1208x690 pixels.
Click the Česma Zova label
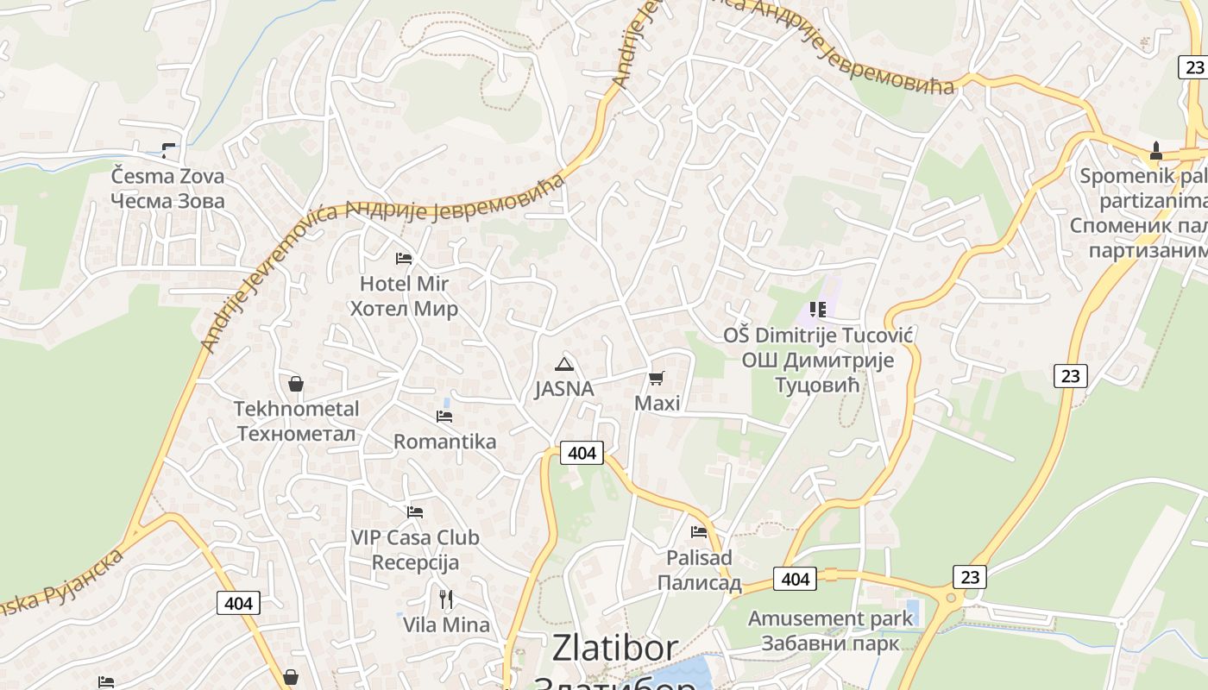click(x=167, y=177)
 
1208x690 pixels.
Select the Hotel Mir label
click(x=404, y=284)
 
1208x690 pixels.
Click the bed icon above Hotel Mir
click(x=403, y=258)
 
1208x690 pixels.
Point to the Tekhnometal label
click(x=296, y=409)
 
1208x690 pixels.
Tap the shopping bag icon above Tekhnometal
click(x=296, y=384)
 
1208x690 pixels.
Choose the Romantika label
click(x=444, y=442)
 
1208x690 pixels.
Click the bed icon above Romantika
click(x=444, y=417)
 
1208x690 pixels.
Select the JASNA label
click(x=563, y=389)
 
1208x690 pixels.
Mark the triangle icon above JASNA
click(x=563, y=364)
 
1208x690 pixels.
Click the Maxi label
click(x=657, y=403)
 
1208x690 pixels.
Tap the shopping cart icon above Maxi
click(x=657, y=378)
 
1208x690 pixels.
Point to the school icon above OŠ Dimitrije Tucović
click(x=817, y=310)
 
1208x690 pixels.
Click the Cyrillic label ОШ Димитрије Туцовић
click(x=817, y=372)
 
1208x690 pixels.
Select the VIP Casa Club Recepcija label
click(x=415, y=550)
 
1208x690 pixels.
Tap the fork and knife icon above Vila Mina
click(x=446, y=599)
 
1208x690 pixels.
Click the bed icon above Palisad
click(x=699, y=532)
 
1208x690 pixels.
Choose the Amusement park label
click(x=830, y=618)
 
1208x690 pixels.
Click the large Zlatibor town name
click(x=614, y=648)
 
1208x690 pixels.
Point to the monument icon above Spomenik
click(x=1155, y=152)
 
